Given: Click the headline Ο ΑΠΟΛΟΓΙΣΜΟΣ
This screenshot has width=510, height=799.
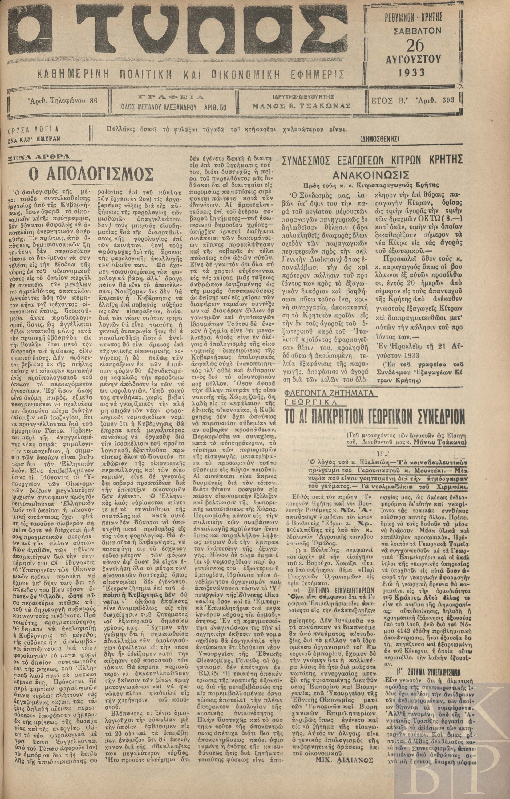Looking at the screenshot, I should click(x=91, y=173).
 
